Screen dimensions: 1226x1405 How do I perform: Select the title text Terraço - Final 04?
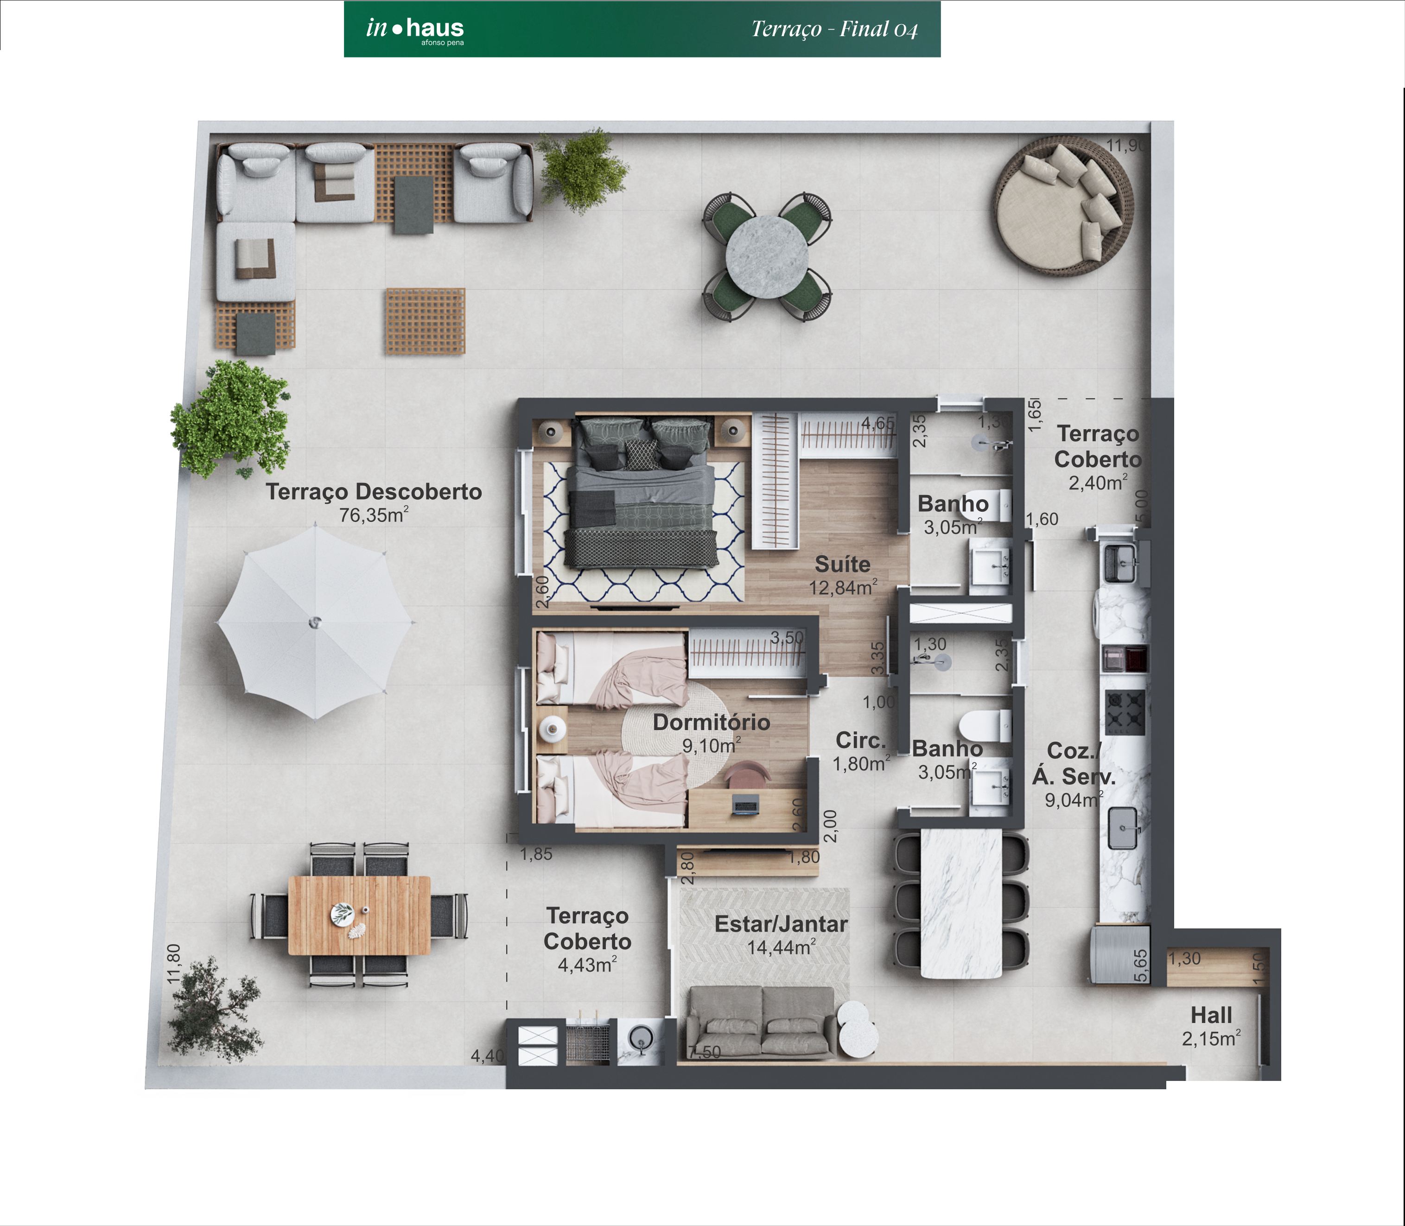(x=834, y=29)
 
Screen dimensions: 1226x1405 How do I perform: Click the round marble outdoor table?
(x=767, y=257)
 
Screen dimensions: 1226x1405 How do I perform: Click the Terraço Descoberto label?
(x=374, y=491)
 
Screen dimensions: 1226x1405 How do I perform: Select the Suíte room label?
(x=842, y=565)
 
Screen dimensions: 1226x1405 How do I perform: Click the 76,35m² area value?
(x=374, y=515)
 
